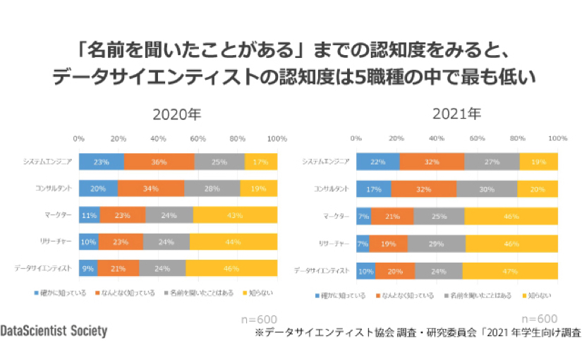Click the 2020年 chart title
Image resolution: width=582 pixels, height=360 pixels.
[176, 114]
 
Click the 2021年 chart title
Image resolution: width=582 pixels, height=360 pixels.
[456, 113]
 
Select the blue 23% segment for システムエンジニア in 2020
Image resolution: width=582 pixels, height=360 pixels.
[101, 162]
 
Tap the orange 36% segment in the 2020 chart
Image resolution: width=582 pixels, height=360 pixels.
[159, 162]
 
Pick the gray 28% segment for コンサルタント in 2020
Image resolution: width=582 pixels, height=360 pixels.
[212, 188]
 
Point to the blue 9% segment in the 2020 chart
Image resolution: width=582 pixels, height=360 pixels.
[87, 268]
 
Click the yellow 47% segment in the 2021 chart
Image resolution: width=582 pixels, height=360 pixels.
[509, 271]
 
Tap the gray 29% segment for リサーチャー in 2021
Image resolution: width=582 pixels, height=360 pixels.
[436, 244]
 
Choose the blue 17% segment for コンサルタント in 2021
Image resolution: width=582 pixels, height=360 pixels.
[373, 189]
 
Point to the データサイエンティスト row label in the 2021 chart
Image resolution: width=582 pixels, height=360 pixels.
[322, 271]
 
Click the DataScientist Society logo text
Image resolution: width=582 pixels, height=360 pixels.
[54, 331]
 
